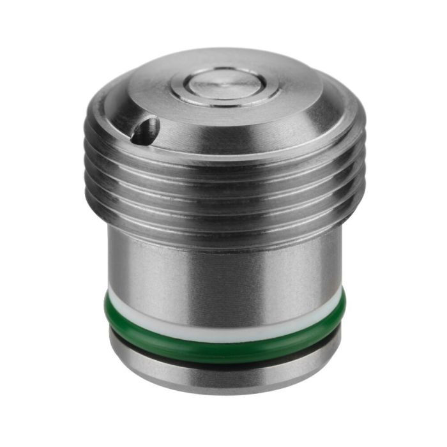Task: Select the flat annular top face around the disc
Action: click(281, 96)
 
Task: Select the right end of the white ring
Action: click(337, 295)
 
